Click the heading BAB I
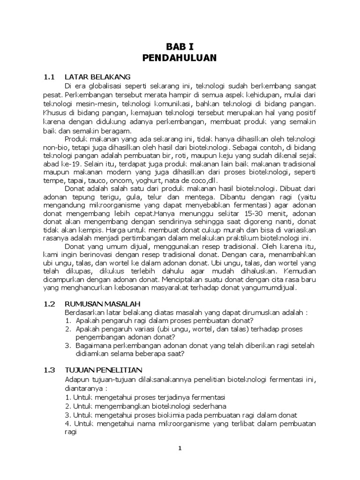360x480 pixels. click(x=180, y=47)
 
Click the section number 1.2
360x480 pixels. click(x=50, y=304)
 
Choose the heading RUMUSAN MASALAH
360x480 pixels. click(x=103, y=304)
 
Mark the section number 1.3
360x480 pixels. click(x=50, y=370)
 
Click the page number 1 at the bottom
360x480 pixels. click(x=180, y=449)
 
